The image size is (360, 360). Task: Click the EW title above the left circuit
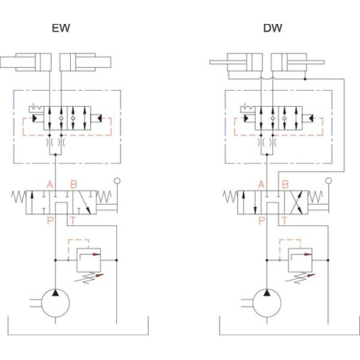(x=61, y=28)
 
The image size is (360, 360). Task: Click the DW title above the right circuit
(x=272, y=28)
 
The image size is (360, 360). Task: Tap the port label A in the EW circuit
(x=49, y=184)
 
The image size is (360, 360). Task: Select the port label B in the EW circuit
(x=74, y=184)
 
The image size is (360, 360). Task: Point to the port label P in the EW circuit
(x=50, y=221)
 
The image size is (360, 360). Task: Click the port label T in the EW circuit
(x=72, y=221)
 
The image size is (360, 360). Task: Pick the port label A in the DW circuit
(x=261, y=184)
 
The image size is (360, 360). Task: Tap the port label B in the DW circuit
(x=285, y=184)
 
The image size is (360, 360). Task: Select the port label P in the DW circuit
(x=261, y=221)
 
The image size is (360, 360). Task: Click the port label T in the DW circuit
(x=284, y=221)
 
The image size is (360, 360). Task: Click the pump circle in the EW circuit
(x=42, y=303)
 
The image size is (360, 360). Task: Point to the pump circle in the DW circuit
(x=254, y=303)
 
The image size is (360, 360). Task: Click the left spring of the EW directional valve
(x=18, y=197)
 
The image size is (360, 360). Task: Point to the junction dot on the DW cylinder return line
(x=305, y=79)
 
